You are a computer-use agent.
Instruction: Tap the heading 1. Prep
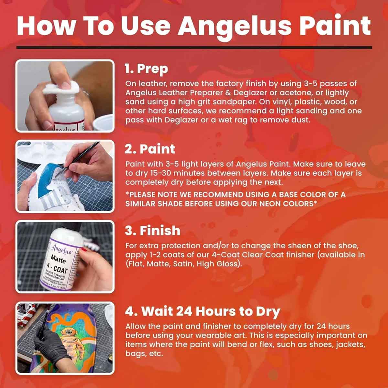146,69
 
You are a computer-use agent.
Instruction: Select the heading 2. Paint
150,149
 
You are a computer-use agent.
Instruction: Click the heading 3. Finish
152,231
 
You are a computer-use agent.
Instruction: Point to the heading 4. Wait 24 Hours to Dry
202,311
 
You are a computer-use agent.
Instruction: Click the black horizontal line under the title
194,48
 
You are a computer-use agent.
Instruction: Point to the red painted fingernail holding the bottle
83,250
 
